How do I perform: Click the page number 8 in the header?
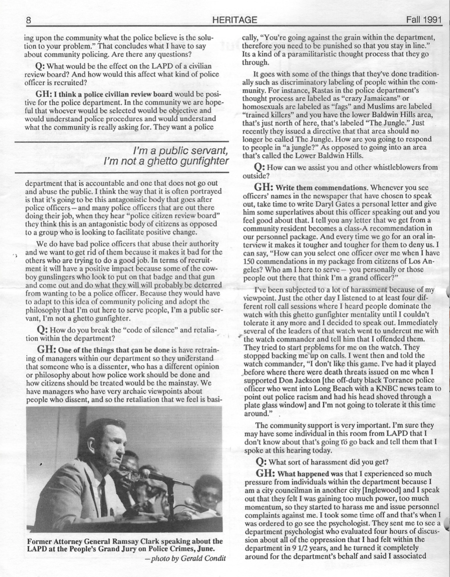[x=28, y=20]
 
